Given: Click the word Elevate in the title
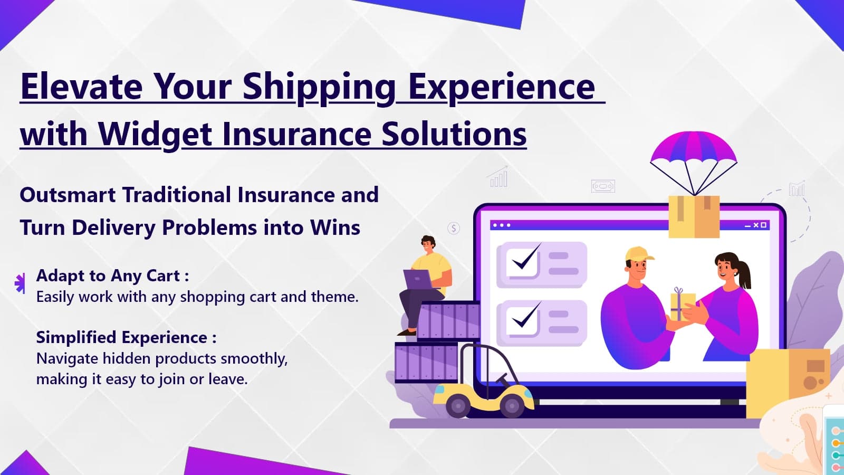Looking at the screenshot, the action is [81, 87].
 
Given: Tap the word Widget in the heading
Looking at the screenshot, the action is [155, 135].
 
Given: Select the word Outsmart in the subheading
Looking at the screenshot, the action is [68, 195].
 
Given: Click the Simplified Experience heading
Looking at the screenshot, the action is [126, 337].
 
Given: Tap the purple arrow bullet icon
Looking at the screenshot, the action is [20, 283].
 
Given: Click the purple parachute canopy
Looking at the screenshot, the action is [694, 149].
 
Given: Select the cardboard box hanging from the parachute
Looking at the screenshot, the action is [694, 216].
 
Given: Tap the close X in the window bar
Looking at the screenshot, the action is [756, 225].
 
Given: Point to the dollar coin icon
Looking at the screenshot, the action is [454, 228].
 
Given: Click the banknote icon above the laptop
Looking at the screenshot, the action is [603, 186].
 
